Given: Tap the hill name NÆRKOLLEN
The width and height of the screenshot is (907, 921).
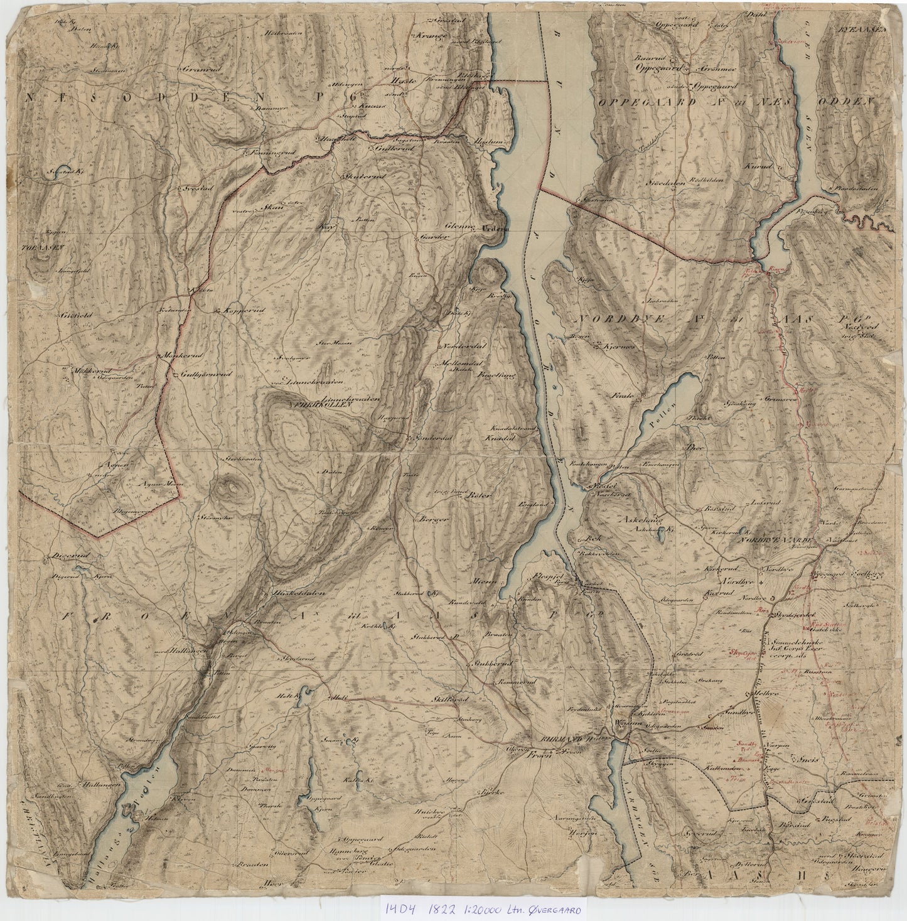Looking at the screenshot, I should click(x=308, y=406).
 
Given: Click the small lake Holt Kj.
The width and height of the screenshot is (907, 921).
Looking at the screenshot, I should click(x=287, y=695).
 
